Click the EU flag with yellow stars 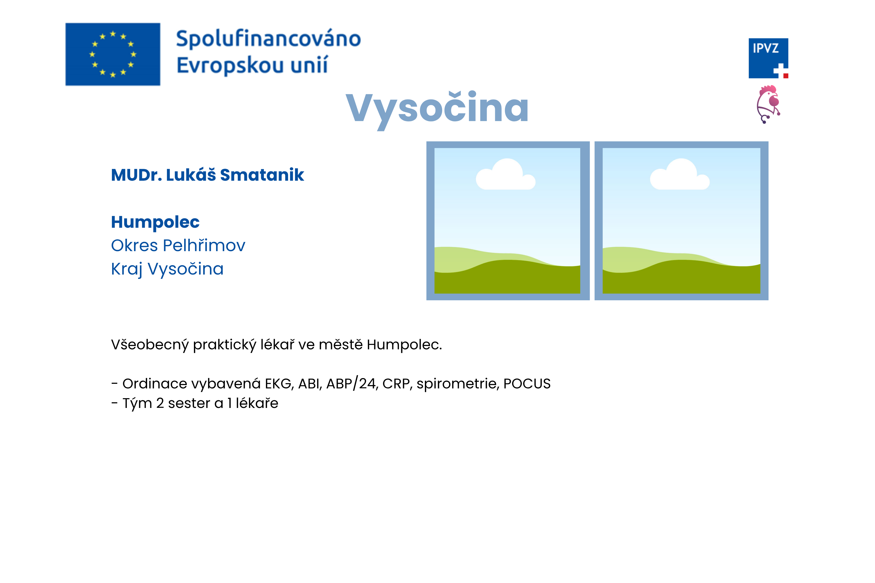(x=113, y=54)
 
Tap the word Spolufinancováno (x=268, y=39)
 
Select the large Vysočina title (x=437, y=109)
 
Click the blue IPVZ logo (x=768, y=58)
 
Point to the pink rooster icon (x=768, y=104)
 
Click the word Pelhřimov (x=204, y=245)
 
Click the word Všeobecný (x=150, y=345)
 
